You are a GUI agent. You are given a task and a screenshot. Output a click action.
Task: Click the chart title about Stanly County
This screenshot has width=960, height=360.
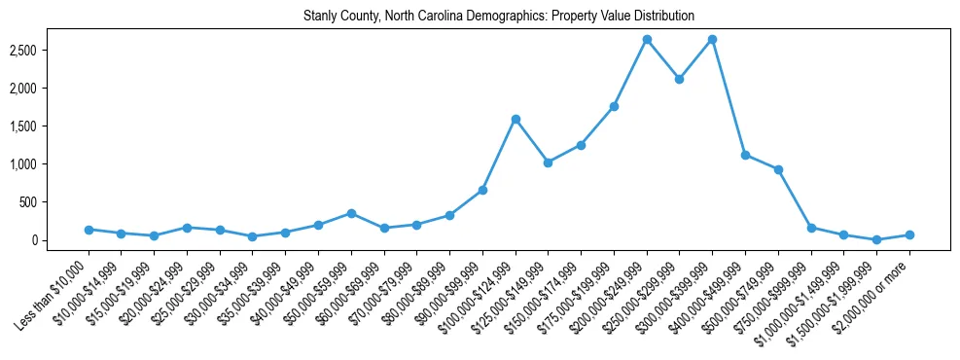[x=499, y=16]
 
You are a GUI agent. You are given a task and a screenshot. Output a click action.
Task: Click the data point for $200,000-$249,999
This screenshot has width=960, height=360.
[x=647, y=40]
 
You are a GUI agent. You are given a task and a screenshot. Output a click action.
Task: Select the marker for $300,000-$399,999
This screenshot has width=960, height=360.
[x=713, y=40]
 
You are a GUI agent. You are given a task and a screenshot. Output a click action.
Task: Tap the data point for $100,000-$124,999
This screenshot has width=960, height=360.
[x=516, y=119]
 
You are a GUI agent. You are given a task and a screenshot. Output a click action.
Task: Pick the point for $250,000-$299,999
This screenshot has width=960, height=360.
[x=680, y=79]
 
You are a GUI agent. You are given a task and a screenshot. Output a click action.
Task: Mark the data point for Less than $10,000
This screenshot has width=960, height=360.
[x=89, y=230]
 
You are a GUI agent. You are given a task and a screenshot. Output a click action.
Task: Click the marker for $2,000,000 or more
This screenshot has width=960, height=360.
[x=909, y=234]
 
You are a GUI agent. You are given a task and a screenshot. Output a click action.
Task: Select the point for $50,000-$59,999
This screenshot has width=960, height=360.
[x=351, y=213]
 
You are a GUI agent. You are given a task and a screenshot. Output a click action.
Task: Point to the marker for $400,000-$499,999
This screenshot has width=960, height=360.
[x=745, y=155]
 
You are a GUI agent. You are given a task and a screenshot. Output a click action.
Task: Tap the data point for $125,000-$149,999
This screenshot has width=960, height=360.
[x=549, y=162]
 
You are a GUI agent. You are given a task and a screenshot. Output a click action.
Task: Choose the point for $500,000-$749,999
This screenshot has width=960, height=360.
[x=778, y=169]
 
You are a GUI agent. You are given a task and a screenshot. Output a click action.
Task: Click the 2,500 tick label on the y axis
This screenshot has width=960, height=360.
[x=49, y=50]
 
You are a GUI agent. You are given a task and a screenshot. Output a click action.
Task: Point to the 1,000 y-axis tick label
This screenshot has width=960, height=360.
[x=49, y=164]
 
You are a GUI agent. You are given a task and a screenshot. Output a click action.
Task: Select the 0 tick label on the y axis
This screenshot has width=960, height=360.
[x=60, y=240]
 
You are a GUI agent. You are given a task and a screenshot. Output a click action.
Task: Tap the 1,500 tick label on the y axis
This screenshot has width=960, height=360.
[x=49, y=126]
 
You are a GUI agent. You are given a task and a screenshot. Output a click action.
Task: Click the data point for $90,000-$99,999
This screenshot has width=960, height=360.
[x=482, y=190]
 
